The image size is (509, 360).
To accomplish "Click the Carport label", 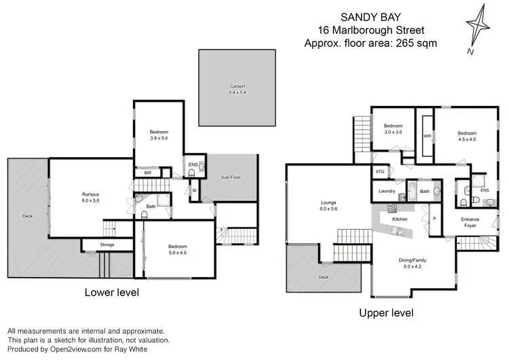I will pyautogui.click(x=237, y=86).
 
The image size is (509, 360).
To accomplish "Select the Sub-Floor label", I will pyautogui.click(x=231, y=177).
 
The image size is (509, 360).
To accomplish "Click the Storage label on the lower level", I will pyautogui.click(x=107, y=245).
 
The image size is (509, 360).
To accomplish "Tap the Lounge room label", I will pyautogui.click(x=329, y=202).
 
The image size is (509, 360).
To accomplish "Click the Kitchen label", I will pyautogui.click(x=400, y=219).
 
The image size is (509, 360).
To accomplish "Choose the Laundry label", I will pyautogui.click(x=387, y=192).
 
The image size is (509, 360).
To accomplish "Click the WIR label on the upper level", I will pyautogui.click(x=427, y=136).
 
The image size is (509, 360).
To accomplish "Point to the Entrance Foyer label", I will pyautogui.click(x=470, y=223).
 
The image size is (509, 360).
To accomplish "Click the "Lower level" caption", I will pyautogui.click(x=112, y=293).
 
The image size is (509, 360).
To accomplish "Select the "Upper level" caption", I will pyautogui.click(x=385, y=313).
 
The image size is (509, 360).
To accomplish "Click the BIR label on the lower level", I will pyautogui.click(x=148, y=173).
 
